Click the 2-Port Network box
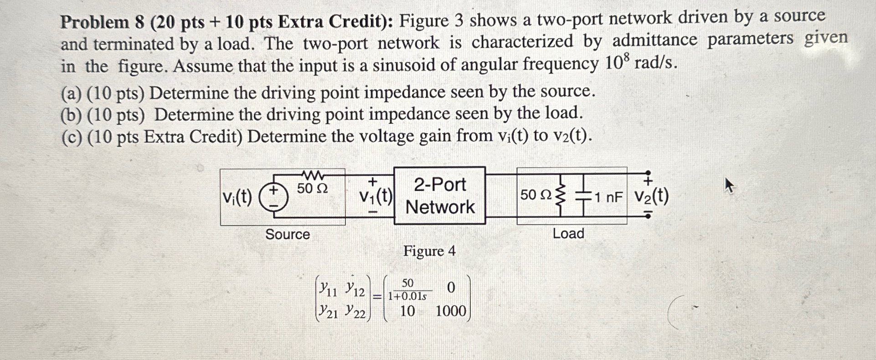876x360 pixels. click(439, 195)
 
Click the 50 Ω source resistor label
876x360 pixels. click(312, 188)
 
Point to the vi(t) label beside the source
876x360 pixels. click(237, 197)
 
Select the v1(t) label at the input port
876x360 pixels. click(375, 196)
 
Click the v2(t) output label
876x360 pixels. click(652, 196)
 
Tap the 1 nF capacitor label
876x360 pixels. click(608, 197)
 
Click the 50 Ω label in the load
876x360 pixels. click(536, 195)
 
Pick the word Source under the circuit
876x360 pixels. click(288, 234)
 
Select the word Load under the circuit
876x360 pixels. click(568, 233)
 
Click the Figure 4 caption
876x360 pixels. click(429, 251)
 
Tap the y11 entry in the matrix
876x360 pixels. click(328, 288)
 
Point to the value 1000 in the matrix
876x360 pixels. click(451, 311)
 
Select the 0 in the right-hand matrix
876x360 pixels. click(451, 288)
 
